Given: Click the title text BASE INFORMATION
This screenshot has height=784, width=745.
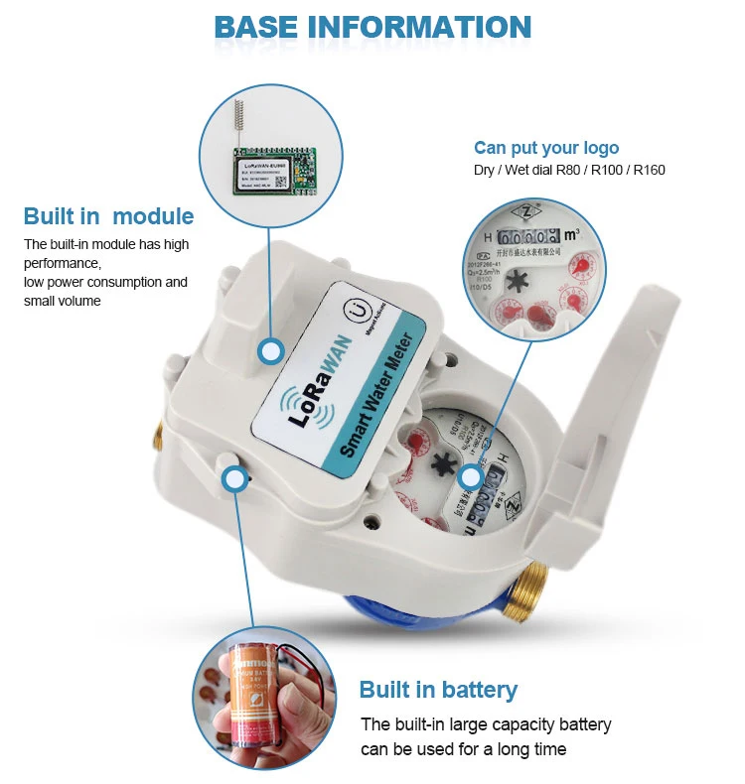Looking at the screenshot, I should click(372, 26).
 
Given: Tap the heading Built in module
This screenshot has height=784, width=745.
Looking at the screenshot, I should click(108, 216).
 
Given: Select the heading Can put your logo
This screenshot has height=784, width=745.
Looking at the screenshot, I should click(546, 148).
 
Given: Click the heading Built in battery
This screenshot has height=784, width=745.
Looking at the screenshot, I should click(438, 690).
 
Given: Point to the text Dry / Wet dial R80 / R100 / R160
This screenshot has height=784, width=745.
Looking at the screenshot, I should click(569, 170).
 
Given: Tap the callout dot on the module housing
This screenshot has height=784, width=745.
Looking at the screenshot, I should click(270, 350).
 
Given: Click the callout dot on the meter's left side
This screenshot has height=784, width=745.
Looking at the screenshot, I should click(234, 480).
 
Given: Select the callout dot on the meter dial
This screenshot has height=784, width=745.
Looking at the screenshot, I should click(472, 478).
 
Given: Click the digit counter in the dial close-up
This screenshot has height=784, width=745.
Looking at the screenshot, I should click(527, 238).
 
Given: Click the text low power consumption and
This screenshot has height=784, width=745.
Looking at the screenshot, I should click(105, 282).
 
